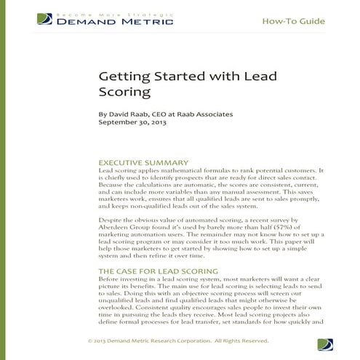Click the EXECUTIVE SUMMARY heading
[x=143, y=162]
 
